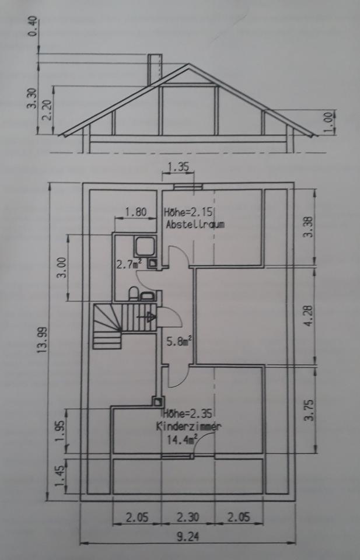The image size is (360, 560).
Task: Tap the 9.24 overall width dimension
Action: [x=187, y=537]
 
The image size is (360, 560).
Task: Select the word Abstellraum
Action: [x=195, y=224]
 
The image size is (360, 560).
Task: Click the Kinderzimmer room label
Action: [x=188, y=426]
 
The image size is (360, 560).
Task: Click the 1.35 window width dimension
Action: [x=178, y=167]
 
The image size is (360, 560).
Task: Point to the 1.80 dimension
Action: [x=135, y=212]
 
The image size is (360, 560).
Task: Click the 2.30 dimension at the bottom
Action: [x=187, y=516]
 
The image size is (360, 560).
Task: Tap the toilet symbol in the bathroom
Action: [x=132, y=293]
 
